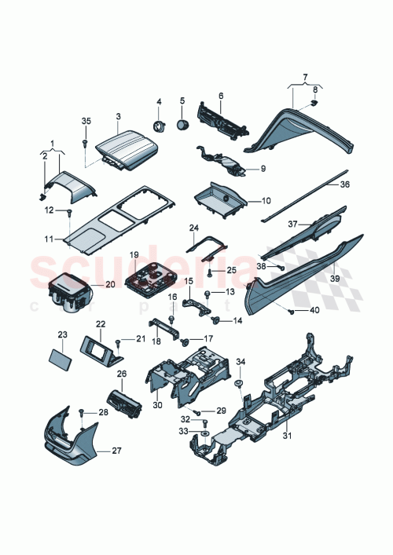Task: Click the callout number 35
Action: (86, 120)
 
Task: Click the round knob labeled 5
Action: (183, 125)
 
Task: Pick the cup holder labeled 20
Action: (69, 292)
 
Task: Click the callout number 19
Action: (134, 255)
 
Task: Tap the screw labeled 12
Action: (70, 213)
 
